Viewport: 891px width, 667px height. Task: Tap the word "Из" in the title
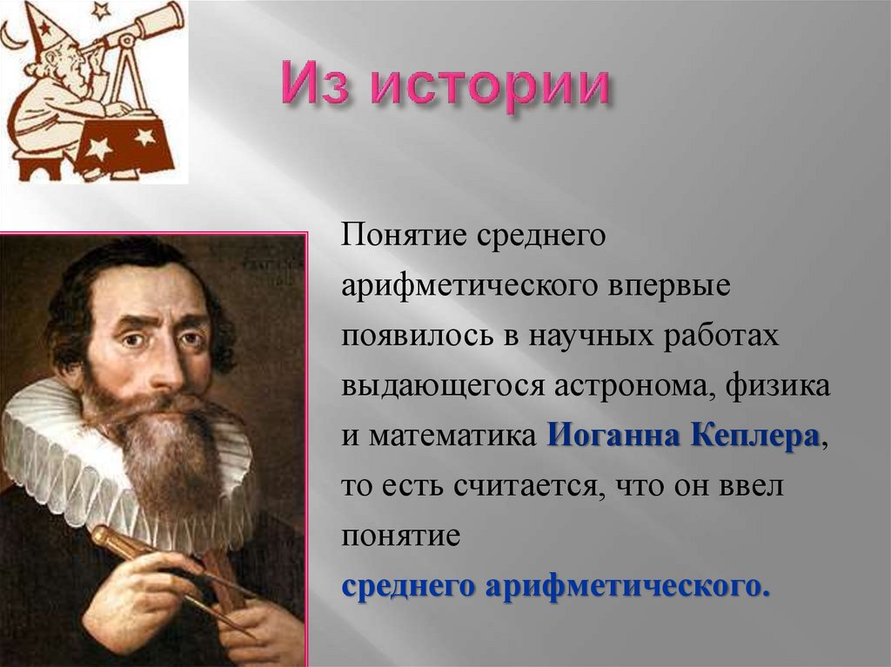312,88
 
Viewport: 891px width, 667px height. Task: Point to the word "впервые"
670,286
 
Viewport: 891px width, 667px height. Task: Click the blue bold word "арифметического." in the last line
627,585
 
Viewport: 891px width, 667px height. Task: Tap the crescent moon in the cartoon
11,35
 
